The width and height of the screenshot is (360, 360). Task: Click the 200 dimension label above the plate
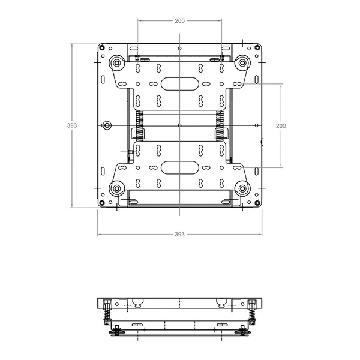point(179,21)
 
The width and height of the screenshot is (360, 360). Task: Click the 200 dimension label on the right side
point(281,126)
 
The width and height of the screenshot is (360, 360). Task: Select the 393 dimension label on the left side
point(72,125)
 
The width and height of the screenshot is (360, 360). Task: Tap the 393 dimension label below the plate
point(179,234)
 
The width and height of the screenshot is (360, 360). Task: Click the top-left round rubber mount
point(117,62)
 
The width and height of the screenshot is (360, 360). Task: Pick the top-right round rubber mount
point(242,62)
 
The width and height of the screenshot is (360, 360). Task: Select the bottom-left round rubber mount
point(117,188)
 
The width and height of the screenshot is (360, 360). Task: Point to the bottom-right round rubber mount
point(242,188)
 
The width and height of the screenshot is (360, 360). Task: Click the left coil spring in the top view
point(139,125)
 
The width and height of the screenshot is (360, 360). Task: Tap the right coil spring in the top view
point(220,125)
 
